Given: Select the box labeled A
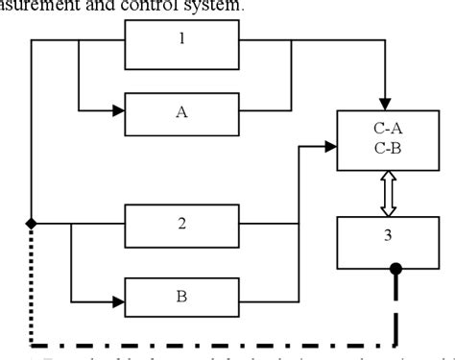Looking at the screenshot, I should pyautogui.click(x=181, y=111).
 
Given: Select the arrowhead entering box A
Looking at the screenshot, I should pyautogui.click(x=117, y=111).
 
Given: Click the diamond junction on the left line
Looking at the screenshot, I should pyautogui.click(x=32, y=223).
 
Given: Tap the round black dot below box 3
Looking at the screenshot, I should pyautogui.click(x=395, y=271).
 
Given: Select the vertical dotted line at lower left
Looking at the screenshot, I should pyautogui.click(x=32, y=288).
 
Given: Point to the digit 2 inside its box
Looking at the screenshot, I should pyautogui.click(x=181, y=223).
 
